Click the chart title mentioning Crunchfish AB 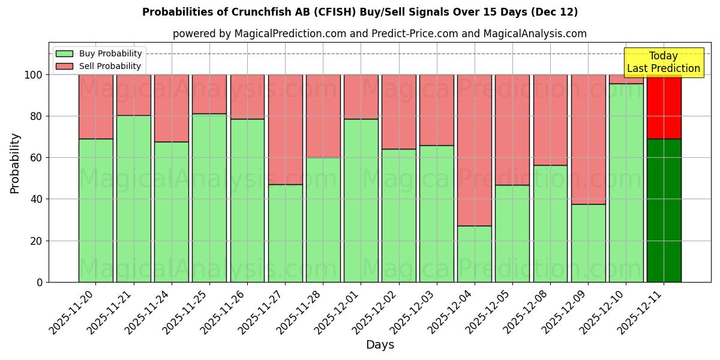[360, 12]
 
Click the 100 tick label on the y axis [34, 75]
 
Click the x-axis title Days [380, 345]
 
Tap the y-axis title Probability [15, 163]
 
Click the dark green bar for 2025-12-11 [664, 210]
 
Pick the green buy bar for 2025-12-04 [474, 254]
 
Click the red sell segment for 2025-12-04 [474, 150]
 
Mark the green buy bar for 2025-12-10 [626, 182]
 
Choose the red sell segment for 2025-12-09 [588, 139]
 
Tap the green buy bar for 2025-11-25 [209, 197]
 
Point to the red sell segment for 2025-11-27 [285, 129]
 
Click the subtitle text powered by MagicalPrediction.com [380, 34]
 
